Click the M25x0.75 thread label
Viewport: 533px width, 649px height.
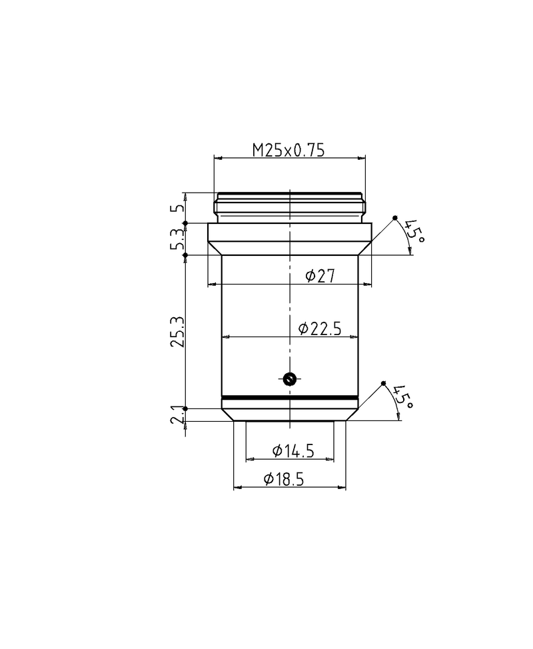click(288, 151)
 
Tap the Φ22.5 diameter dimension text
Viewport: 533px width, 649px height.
click(320, 328)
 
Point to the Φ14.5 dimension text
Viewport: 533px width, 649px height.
click(293, 451)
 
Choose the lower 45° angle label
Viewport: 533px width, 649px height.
click(402, 396)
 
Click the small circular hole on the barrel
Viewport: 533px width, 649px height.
click(288, 379)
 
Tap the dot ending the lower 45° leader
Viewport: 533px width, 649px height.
click(383, 383)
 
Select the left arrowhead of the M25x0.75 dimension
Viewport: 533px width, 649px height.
click(217, 158)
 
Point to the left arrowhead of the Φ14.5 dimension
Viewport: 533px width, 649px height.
click(250, 459)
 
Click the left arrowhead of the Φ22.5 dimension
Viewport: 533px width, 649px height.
click(225, 336)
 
